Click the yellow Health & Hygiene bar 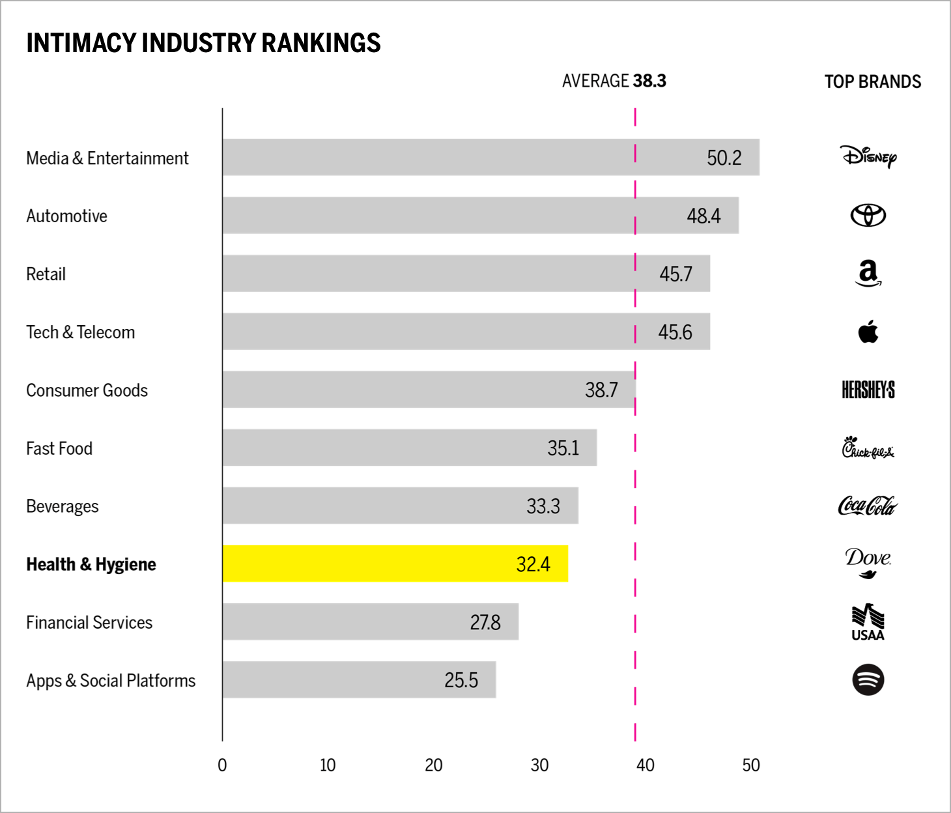395,563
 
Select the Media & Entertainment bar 490,157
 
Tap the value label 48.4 703,216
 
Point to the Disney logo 868,156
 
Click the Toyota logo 868,215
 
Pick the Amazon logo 868,273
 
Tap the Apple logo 868,332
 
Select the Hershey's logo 868,390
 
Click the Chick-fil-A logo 868,448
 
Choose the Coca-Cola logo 868,506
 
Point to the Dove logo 868,562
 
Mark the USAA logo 868,622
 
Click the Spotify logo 868,679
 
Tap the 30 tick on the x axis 539,765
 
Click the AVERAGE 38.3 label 614,81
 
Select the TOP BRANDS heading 872,81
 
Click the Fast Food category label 59,448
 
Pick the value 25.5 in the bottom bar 461,680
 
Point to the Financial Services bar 370,621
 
